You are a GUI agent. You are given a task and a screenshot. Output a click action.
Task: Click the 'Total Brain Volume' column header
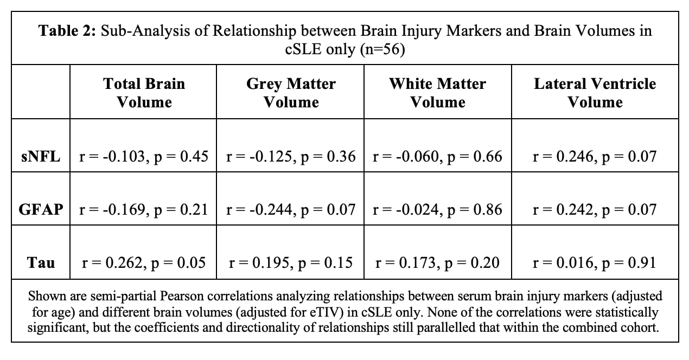pyautogui.click(x=144, y=93)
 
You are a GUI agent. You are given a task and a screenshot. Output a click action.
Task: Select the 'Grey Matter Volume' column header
pyautogui.click(x=291, y=93)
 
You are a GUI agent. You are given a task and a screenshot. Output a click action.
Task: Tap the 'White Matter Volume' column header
pyautogui.click(x=437, y=93)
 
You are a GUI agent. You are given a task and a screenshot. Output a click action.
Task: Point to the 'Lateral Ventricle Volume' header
pyautogui.click(x=595, y=93)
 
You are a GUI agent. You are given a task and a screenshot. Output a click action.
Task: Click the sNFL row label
pyautogui.click(x=41, y=157)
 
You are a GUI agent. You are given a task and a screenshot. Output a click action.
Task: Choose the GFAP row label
pyautogui.click(x=41, y=210)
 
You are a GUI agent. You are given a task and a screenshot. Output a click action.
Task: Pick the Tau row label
pyautogui.click(x=41, y=263)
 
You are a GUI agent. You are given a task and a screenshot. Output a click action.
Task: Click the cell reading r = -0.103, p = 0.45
pyautogui.click(x=144, y=157)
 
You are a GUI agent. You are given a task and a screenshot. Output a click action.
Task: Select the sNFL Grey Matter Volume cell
pyautogui.click(x=291, y=157)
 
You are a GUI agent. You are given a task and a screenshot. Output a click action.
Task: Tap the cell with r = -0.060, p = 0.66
pyautogui.click(x=437, y=157)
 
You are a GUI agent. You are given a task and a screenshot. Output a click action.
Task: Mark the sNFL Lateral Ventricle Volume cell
pyautogui.click(x=595, y=157)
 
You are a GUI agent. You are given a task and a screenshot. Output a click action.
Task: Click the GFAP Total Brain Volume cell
pyautogui.click(x=144, y=210)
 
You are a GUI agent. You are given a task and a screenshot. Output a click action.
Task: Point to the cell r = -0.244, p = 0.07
pyautogui.click(x=291, y=210)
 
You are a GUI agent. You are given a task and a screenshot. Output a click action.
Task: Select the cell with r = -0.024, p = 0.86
pyautogui.click(x=437, y=210)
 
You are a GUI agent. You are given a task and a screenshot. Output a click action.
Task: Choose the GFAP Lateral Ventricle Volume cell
pyautogui.click(x=595, y=210)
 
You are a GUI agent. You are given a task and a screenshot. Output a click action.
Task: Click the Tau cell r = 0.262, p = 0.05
pyautogui.click(x=144, y=263)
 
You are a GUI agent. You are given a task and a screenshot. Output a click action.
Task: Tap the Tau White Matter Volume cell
pyautogui.click(x=437, y=263)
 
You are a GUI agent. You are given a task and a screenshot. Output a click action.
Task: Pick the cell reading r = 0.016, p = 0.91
pyautogui.click(x=595, y=263)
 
